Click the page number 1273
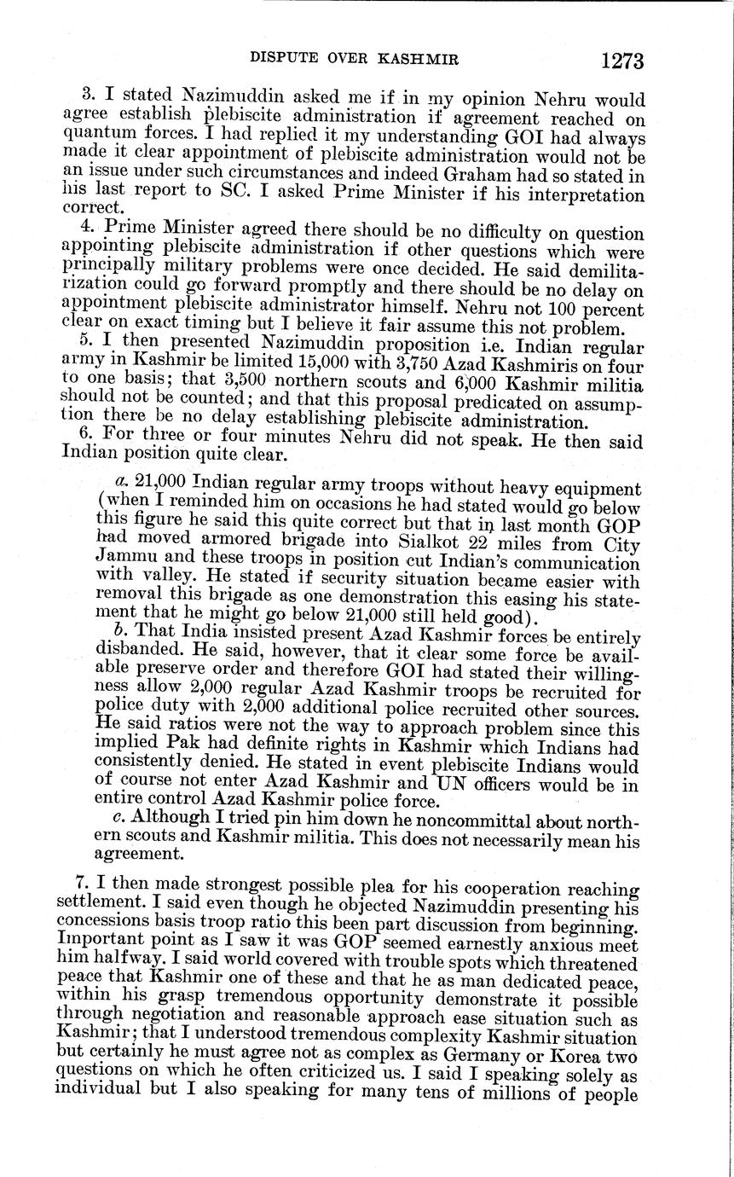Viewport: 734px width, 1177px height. click(x=621, y=61)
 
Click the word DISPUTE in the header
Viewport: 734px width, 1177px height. click(x=284, y=59)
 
